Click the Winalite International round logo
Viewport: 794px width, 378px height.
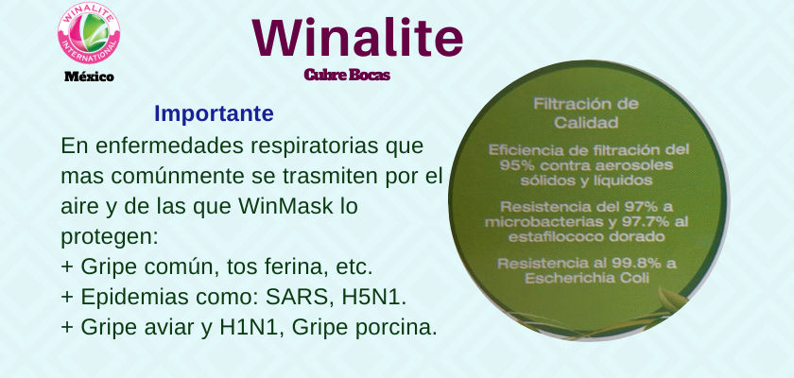coord(89,33)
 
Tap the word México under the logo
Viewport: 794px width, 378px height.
coord(89,77)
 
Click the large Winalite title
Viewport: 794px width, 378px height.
coord(357,38)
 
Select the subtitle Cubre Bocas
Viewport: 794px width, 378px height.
coord(347,75)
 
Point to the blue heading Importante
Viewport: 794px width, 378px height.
coord(214,113)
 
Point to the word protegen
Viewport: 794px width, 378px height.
coord(110,237)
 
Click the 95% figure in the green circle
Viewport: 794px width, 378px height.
coord(514,165)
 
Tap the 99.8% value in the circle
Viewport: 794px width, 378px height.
coord(635,263)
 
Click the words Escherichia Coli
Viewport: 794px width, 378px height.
coord(587,279)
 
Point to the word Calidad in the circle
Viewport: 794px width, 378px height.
coord(586,123)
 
